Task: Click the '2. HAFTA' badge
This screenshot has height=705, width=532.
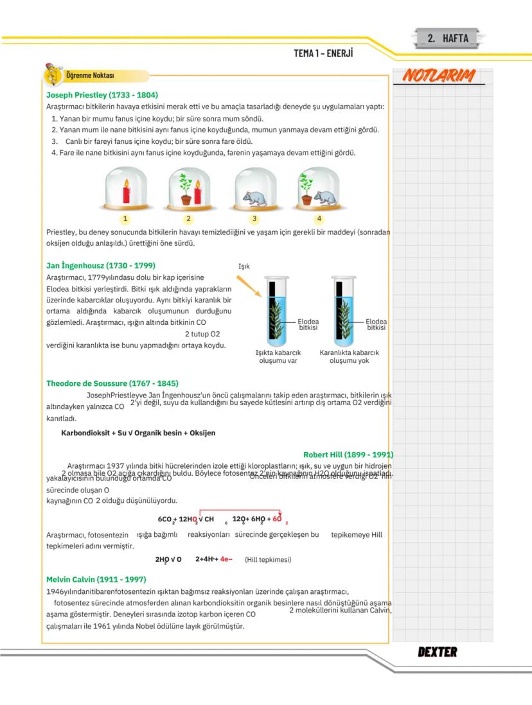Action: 448,38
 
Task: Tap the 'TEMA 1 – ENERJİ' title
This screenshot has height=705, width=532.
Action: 323,53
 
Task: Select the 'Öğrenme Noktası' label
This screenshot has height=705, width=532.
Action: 90,76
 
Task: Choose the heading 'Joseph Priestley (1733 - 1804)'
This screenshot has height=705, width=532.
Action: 102,94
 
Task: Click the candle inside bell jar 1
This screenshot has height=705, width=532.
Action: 127,192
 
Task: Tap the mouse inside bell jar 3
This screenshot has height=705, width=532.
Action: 256,197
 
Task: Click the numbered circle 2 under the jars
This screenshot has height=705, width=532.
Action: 189,218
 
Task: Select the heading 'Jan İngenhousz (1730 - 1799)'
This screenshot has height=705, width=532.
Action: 101,265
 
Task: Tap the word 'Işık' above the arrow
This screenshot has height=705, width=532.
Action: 244,266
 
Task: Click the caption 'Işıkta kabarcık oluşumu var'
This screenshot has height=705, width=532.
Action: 278,356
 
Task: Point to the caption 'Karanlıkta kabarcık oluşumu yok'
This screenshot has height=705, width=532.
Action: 349,356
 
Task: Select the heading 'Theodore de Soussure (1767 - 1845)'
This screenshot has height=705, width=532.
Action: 112,383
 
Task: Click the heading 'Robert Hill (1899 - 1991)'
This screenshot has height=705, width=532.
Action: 348,455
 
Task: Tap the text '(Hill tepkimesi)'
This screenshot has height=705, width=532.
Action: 268,559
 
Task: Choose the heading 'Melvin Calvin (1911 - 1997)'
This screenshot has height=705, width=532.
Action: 96,579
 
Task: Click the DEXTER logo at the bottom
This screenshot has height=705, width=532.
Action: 438,652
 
